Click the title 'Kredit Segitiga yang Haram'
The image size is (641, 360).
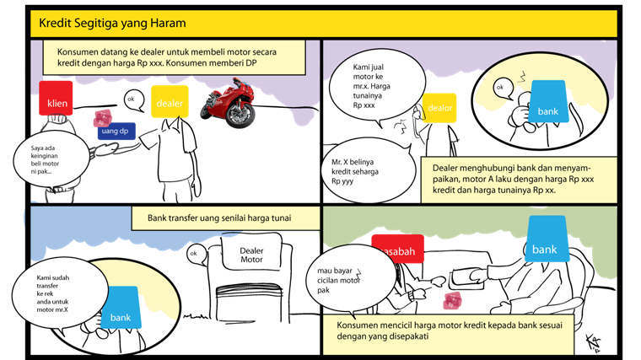113,23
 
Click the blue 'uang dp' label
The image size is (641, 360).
116,132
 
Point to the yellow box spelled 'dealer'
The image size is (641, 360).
169,103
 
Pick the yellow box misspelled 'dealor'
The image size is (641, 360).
439,108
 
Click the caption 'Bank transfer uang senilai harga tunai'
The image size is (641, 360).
225,218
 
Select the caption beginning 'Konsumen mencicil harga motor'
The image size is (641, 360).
448,335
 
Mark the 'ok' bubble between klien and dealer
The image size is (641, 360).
132,99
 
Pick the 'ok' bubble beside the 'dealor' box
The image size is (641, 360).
501,88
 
